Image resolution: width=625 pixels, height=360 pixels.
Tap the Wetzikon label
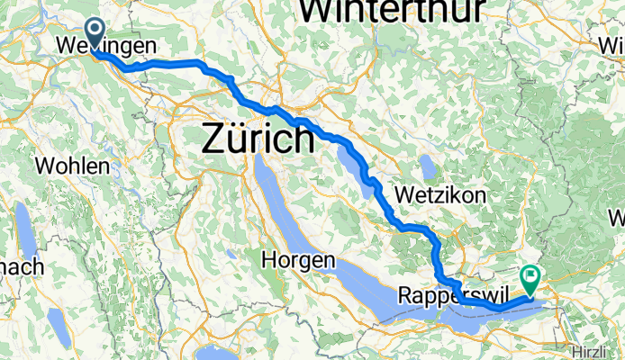pyautogui.click(x=441, y=195)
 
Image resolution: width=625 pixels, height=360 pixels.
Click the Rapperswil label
pyautogui.click(x=441, y=296)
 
